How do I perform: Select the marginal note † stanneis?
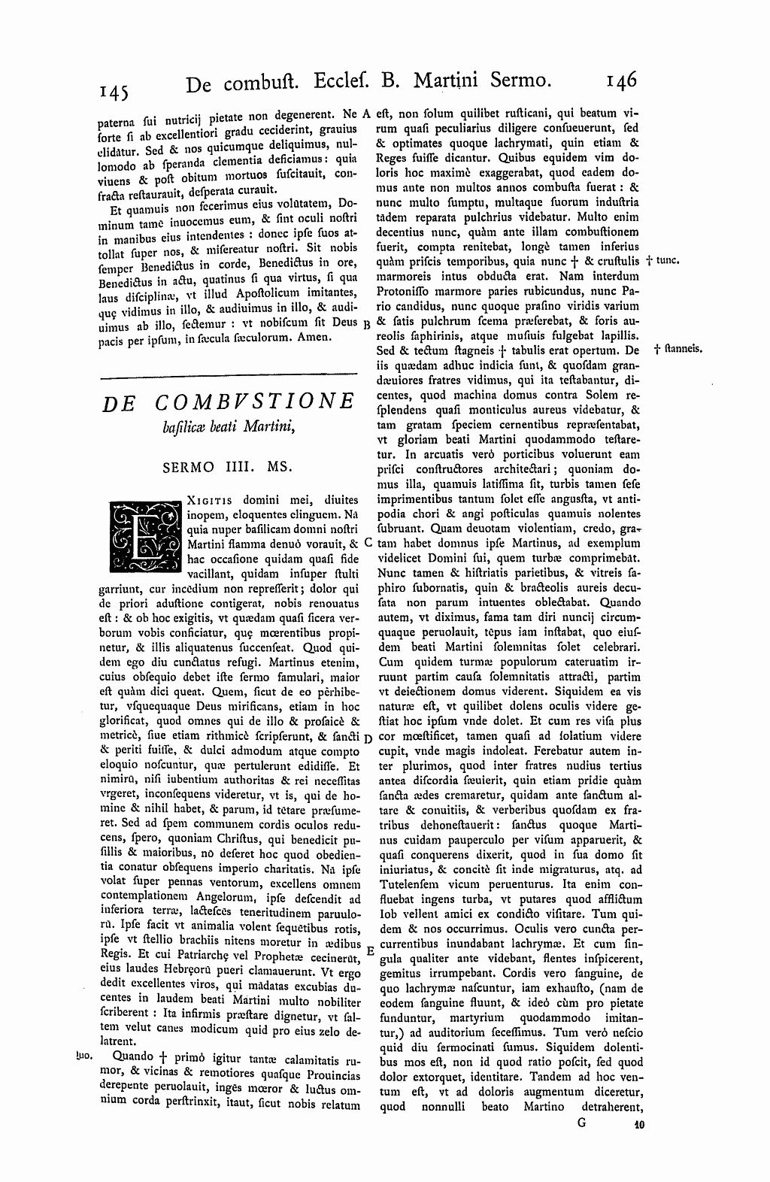678,349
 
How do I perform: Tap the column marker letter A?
367,115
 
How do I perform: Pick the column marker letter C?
368,541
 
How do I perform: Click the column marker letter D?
368,737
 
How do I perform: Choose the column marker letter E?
369,950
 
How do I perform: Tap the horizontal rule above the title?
228,374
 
